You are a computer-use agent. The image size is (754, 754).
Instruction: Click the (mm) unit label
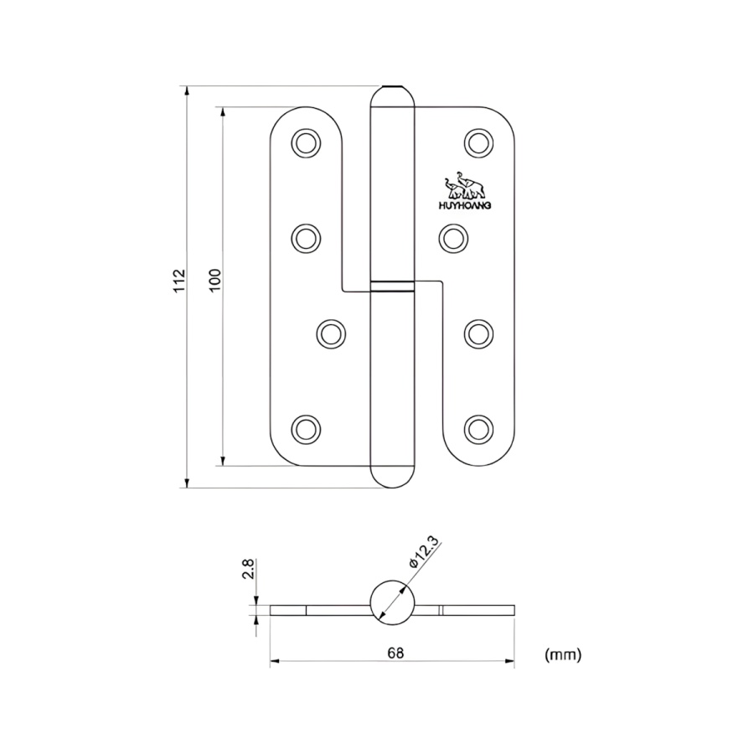click(x=562, y=653)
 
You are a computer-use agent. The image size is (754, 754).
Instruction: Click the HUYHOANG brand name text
click(x=463, y=204)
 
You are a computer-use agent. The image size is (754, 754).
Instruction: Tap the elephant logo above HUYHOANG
click(x=462, y=183)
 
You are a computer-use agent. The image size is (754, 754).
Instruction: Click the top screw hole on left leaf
click(x=306, y=142)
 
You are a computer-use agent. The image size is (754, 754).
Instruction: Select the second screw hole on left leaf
click(x=306, y=238)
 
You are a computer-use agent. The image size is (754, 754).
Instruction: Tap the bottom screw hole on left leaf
click(x=306, y=429)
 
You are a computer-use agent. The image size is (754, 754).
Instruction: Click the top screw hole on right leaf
click(x=478, y=142)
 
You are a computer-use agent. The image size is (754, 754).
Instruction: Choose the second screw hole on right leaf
click(x=452, y=238)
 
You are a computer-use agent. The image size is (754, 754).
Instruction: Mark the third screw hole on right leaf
click(x=478, y=333)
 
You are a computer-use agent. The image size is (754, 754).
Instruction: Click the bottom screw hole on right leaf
click(x=478, y=429)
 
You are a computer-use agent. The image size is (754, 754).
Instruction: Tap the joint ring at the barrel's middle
click(x=392, y=286)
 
